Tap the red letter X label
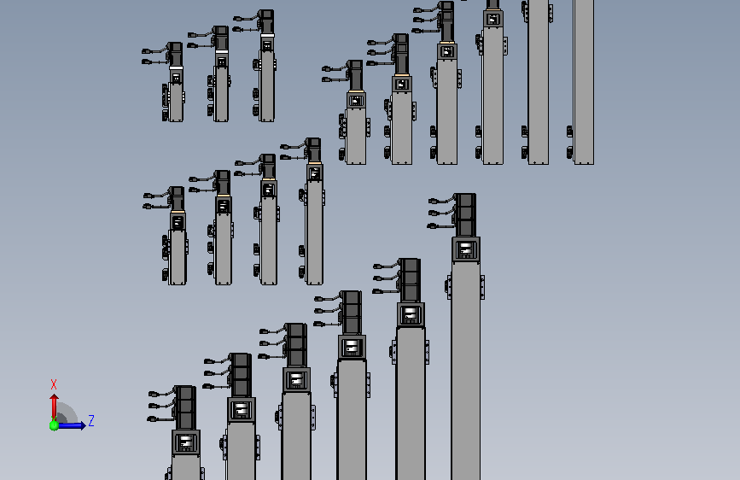tap(53, 384)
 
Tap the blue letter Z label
tap(91, 420)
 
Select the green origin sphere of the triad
tap(54, 425)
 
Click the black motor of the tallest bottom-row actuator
tap(465, 215)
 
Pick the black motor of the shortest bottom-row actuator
tap(185, 407)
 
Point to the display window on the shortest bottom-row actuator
tap(186, 442)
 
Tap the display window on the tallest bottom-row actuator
tap(466, 249)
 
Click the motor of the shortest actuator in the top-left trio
tap(176, 55)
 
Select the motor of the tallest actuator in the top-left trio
tap(266, 21)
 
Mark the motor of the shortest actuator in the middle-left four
tap(177, 199)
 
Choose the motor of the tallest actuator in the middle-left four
tap(313, 150)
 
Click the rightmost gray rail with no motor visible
tap(583, 82)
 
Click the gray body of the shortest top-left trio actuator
tap(176, 102)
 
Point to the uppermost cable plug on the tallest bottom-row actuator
tap(433, 202)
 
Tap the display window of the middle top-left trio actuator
tap(221, 61)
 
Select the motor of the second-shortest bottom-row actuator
tap(241, 375)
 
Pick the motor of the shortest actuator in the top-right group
tap(355, 75)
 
